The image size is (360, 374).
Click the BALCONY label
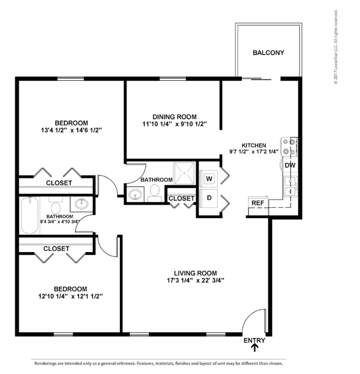pos(268,53)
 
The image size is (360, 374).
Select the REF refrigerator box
pos(257,203)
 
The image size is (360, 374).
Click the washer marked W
pos(209,179)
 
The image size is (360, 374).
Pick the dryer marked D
pos(209,198)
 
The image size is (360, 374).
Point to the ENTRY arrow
pos(254,349)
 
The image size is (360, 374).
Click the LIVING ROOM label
pos(195,272)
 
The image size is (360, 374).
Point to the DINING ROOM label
pos(175,117)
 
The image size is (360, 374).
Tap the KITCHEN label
pos(254,145)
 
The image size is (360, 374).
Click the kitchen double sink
pos(290,186)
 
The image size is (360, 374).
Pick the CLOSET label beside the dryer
pos(181,198)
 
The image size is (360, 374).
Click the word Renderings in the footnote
pos(47,363)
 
